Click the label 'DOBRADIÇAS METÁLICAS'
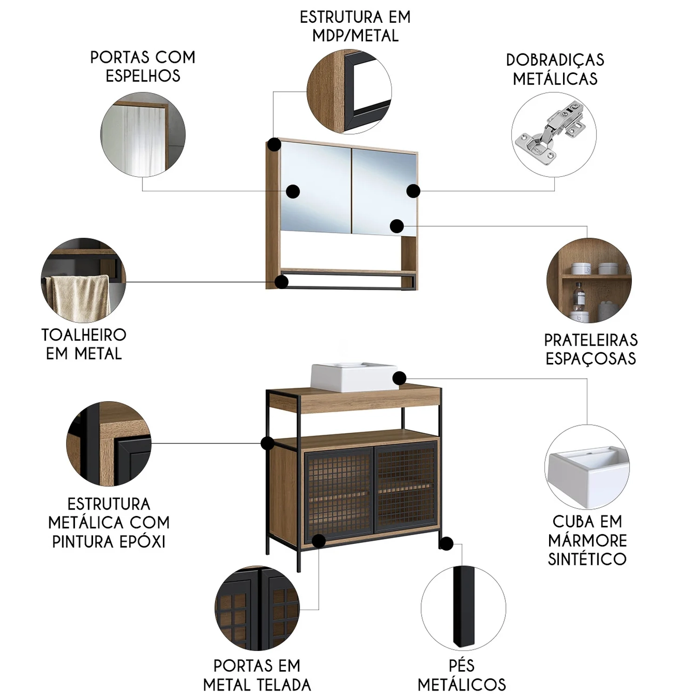pyautogui.click(x=555, y=69)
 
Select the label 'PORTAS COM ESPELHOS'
pyautogui.click(x=143, y=67)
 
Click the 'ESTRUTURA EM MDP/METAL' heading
pyautogui.click(x=356, y=26)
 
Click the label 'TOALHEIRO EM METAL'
pyautogui.click(x=84, y=344)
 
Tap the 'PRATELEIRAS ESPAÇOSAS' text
pyautogui.click(x=591, y=349)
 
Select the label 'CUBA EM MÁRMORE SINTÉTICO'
pyautogui.click(x=587, y=540)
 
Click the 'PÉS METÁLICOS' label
pyautogui.click(x=462, y=675)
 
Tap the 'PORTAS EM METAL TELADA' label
pyautogui.click(x=257, y=675)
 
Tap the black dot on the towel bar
pyautogui.click(x=282, y=282)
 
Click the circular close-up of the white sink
pyautogui.click(x=587, y=467)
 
